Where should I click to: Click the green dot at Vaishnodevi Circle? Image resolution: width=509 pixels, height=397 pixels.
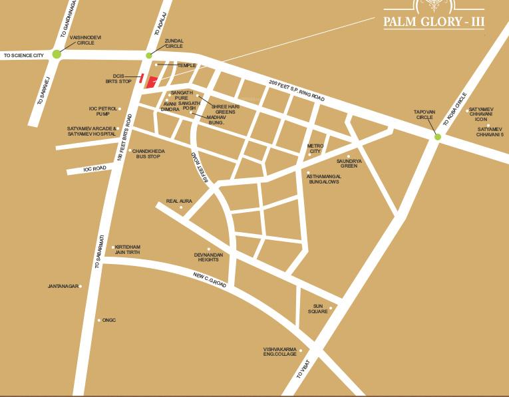pos(57,55)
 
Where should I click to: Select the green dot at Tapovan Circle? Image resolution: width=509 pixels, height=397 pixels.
pos(437,137)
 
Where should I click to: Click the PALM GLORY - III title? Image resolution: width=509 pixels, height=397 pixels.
pos(434,22)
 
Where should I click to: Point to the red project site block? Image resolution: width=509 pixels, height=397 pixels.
pos(152,82)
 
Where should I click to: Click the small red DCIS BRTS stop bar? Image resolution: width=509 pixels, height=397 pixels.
pos(141,78)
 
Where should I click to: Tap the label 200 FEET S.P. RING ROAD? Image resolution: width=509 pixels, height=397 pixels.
pos(297,91)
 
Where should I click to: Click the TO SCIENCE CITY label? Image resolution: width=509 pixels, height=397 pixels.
pos(25,55)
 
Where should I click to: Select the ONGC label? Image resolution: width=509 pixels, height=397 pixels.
pos(109,320)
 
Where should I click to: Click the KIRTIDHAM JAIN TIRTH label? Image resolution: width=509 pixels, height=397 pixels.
pos(127,249)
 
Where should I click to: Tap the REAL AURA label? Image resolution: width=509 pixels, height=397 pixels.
pos(178,200)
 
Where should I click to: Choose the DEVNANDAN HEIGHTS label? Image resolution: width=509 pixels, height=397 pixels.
pos(206,257)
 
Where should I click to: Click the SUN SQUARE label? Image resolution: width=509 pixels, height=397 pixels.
pos(317,309)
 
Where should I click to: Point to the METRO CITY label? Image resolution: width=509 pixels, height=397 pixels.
pos(314,149)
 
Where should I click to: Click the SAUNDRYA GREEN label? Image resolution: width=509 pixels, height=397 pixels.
pos(347,163)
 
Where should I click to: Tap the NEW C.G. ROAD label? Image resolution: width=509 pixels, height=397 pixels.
pos(210,280)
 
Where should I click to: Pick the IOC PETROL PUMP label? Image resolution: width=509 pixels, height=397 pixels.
pos(103,111)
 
